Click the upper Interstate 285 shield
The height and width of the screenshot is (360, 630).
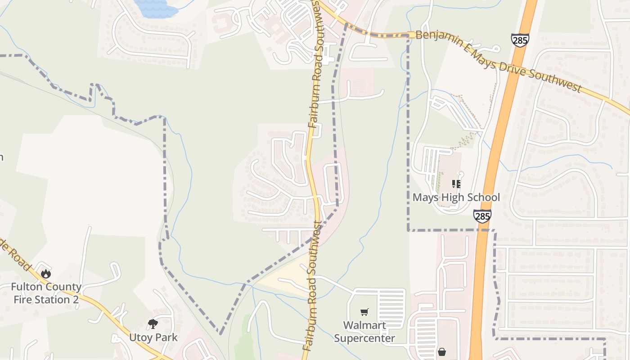coord(520,40)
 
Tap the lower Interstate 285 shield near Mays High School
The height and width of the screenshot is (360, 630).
coord(482,216)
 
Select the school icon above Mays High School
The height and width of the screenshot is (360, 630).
coord(456,184)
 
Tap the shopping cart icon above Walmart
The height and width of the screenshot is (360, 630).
coord(364,312)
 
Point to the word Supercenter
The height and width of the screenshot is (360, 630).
coord(364,338)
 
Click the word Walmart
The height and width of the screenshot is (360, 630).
coord(364,325)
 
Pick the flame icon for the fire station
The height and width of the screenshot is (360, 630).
coord(45,273)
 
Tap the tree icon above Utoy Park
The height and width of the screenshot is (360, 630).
coord(153,324)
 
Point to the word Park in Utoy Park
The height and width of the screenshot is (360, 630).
coord(166,337)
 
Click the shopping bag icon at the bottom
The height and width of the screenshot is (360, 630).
coord(442,352)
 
